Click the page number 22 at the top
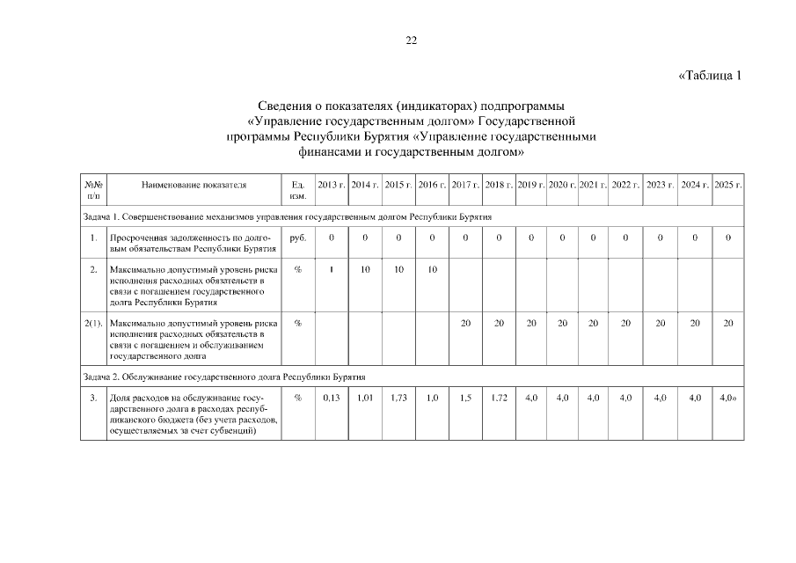[411, 40]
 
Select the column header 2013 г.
[332, 185]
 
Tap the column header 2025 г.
[728, 185]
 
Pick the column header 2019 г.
[531, 185]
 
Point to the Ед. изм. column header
[297, 191]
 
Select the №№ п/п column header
[93, 191]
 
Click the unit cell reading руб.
[297, 238]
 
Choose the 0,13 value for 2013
[332, 398]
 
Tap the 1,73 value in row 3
[398, 398]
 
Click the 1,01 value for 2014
[365, 398]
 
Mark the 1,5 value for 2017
[465, 398]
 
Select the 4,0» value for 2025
[727, 398]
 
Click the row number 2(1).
[93, 323]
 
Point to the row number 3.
[93, 398]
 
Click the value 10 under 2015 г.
[398, 269]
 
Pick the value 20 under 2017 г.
[465, 323]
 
